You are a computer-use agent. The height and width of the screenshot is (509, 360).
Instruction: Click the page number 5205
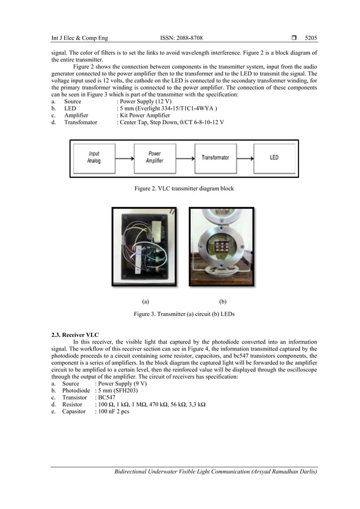[311, 38]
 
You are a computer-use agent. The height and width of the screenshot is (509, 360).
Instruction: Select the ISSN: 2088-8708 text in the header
[181, 38]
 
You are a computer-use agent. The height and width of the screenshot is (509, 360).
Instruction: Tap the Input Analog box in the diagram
[94, 157]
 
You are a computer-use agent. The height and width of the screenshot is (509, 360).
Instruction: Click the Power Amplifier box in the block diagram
[154, 157]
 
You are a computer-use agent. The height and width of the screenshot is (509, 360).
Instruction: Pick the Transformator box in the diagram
[215, 157]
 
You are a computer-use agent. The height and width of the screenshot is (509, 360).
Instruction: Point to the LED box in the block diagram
[274, 157]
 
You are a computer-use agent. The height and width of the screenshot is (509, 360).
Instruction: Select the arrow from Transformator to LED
[245, 157]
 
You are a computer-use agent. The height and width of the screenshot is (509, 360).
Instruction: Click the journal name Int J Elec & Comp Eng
[80, 38]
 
